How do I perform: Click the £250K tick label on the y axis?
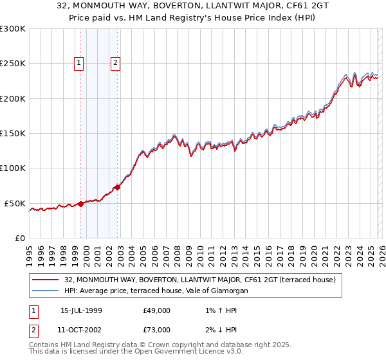(13, 64)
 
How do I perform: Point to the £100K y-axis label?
(13, 168)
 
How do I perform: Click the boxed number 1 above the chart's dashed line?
(78, 63)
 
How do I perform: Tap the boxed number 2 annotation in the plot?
(115, 63)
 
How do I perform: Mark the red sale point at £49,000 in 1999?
(81, 204)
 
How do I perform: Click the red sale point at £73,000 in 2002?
(118, 188)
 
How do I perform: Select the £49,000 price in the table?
(157, 310)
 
